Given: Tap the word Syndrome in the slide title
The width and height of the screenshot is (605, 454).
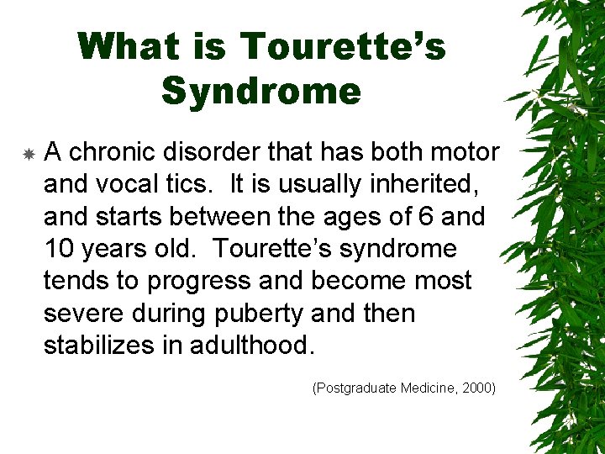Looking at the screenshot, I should tap(260, 91).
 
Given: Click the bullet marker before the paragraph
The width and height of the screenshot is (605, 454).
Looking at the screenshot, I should tap(29, 155).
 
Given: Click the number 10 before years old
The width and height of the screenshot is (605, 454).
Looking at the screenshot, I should tap(57, 249).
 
